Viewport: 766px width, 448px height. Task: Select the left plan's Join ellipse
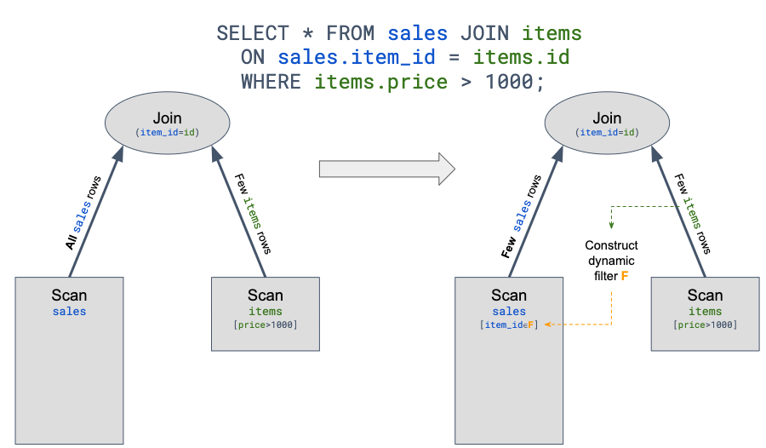[x=168, y=123]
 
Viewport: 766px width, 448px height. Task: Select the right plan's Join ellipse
[x=607, y=123]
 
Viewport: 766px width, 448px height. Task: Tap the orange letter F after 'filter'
[x=625, y=277]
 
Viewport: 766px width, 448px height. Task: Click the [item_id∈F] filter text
[x=509, y=325]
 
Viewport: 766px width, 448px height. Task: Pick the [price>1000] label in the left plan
[x=266, y=325]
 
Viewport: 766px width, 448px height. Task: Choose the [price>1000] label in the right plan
[x=705, y=325]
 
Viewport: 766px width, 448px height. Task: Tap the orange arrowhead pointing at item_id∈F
[x=549, y=325]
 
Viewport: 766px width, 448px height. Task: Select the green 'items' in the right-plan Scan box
[x=705, y=312]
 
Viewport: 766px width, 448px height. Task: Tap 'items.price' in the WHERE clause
[x=380, y=82]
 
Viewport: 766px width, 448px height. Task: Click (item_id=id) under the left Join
[x=168, y=133]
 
